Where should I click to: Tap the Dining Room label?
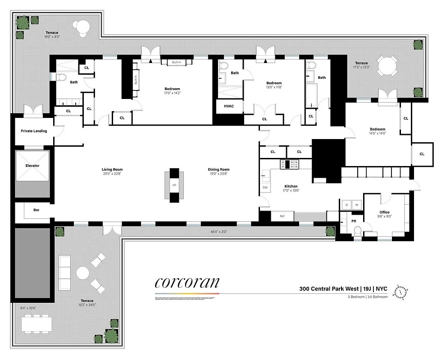pyautogui.click(x=219, y=169)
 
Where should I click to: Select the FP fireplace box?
pyautogui.click(x=174, y=185)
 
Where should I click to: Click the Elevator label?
pyautogui.click(x=32, y=166)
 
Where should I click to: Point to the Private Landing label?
pyautogui.click(x=34, y=131)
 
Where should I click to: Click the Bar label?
pyautogui.click(x=36, y=209)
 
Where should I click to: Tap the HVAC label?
pyautogui.click(x=229, y=106)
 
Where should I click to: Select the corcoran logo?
pyautogui.click(x=187, y=282)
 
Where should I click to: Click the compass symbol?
pyautogui.click(x=400, y=292)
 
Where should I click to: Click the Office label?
pyautogui.click(x=384, y=212)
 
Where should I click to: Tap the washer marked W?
pyautogui.click(x=357, y=205)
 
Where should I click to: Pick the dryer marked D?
pyautogui.click(x=346, y=205)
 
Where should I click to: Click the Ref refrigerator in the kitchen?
pyautogui.click(x=282, y=216)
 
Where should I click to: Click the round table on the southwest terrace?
pyautogui.click(x=83, y=273)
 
